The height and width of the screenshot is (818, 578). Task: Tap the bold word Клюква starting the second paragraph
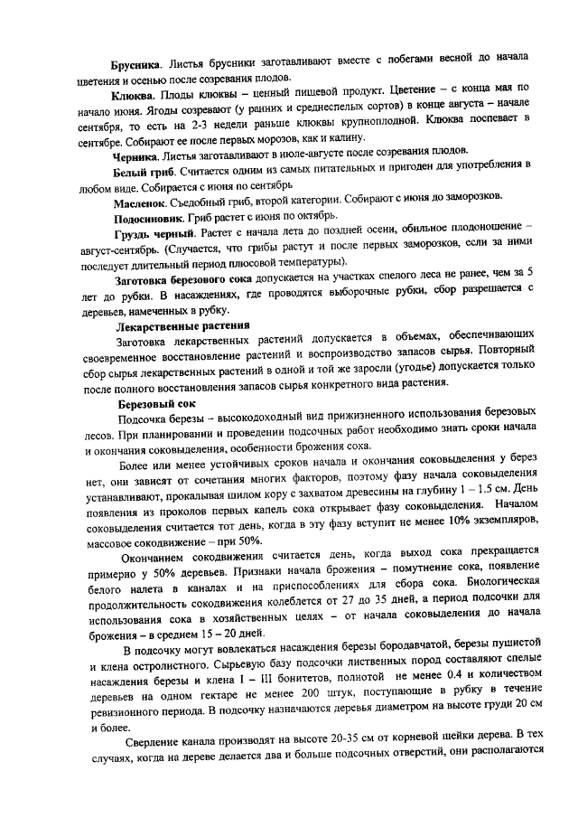[x=133, y=94]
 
